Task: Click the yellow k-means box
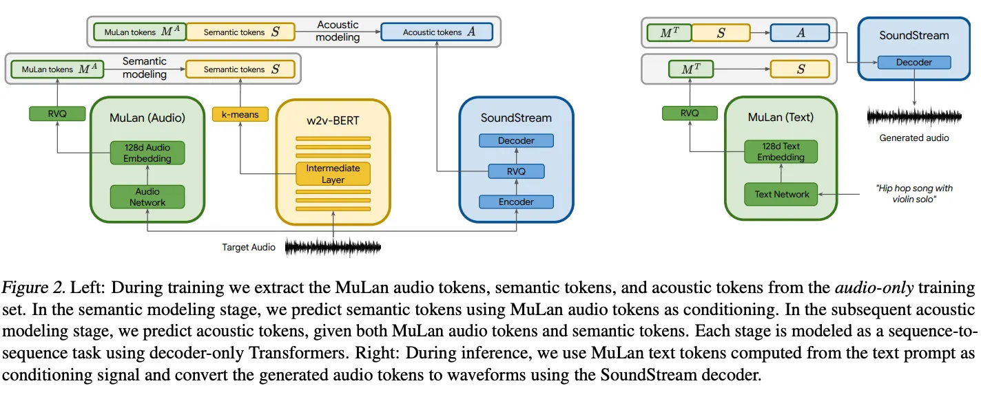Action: point(240,114)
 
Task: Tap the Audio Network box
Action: point(147,197)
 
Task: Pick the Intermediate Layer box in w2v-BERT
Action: point(333,173)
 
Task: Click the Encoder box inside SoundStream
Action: point(516,202)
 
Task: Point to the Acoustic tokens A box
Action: point(437,32)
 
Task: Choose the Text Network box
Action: point(782,194)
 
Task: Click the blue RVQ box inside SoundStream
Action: point(516,171)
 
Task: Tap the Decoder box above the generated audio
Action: point(913,62)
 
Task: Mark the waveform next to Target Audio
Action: point(333,247)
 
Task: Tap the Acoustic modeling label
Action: point(338,31)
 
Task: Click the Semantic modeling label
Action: point(145,67)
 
